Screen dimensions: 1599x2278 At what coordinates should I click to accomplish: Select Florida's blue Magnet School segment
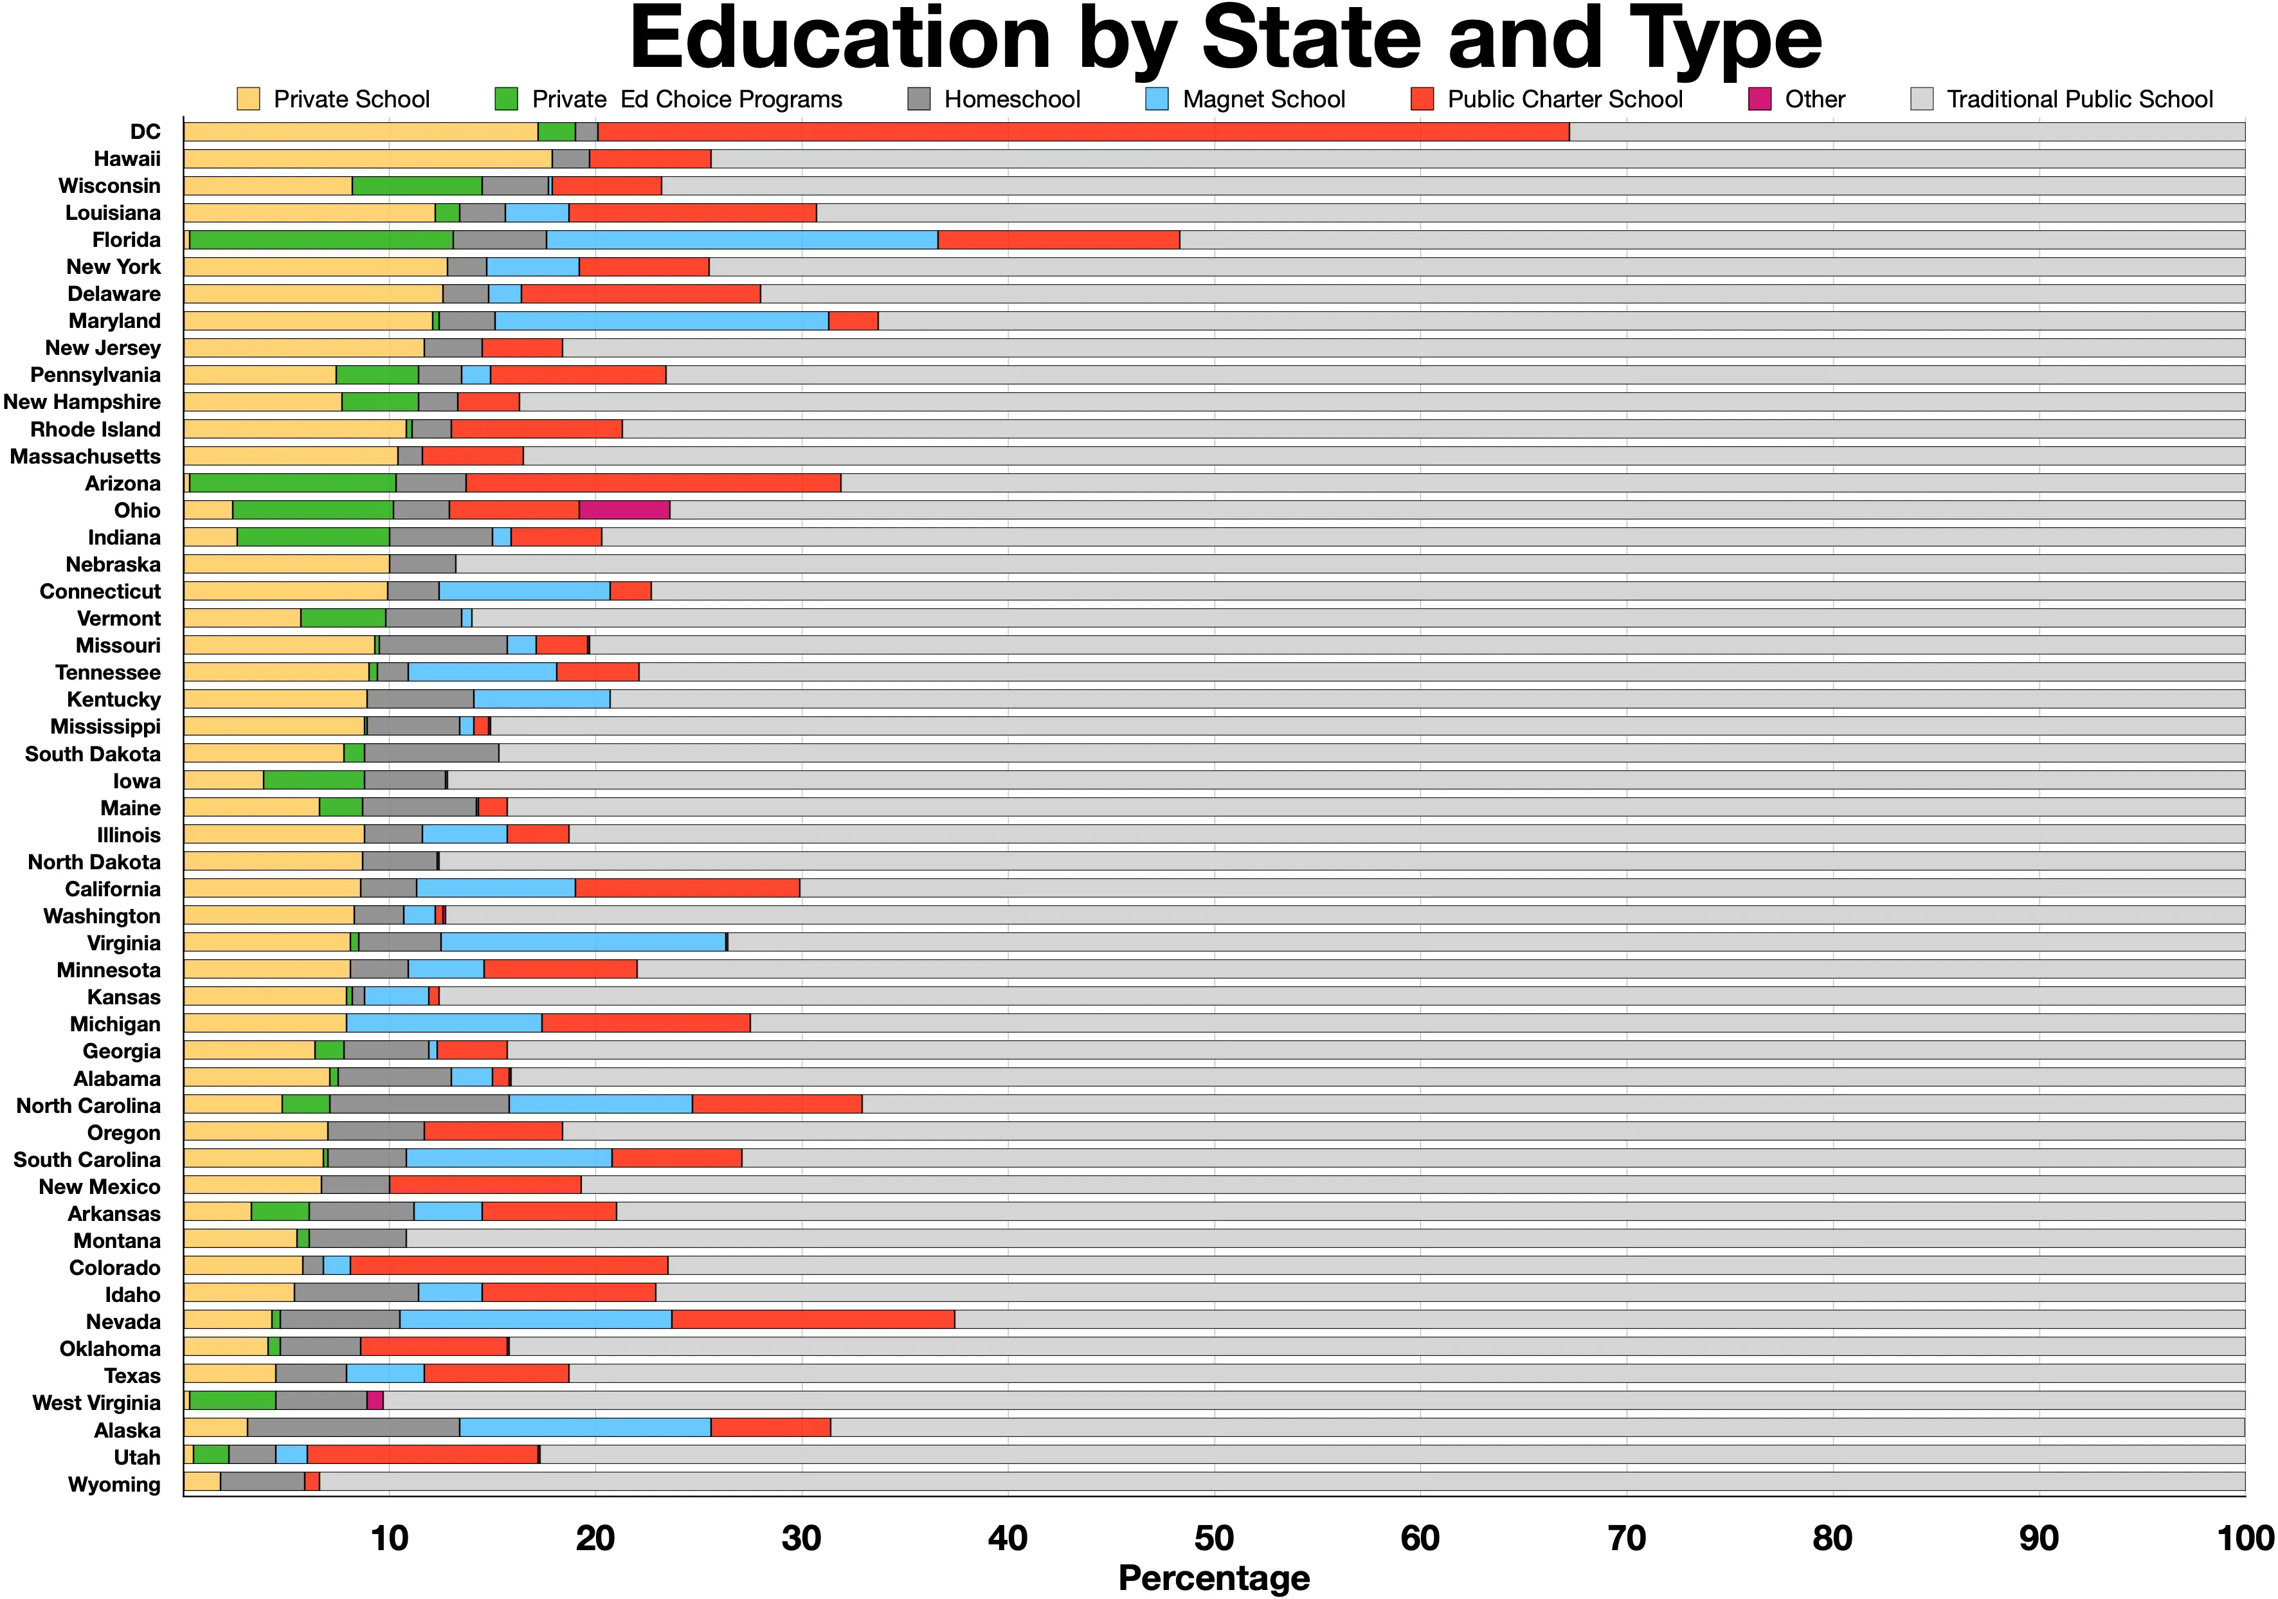[741, 240]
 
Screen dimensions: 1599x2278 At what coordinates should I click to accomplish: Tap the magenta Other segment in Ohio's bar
[624, 510]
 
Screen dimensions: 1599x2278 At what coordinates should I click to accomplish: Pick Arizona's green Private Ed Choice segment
[293, 483]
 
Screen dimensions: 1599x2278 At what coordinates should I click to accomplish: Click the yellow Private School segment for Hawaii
[367, 159]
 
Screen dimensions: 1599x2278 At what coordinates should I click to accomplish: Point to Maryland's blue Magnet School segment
[661, 320]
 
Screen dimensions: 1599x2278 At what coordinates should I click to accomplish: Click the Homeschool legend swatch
[919, 99]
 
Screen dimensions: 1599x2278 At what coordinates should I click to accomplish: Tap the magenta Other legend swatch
[1759, 99]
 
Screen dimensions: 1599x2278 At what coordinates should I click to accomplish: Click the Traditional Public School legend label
[2079, 99]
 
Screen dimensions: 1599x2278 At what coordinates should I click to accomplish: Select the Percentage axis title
[1213, 1577]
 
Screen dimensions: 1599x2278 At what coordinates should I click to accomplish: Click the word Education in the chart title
[839, 40]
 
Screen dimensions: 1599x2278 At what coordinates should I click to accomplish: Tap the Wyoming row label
[114, 1484]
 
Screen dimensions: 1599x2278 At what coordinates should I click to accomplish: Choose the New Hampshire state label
[82, 402]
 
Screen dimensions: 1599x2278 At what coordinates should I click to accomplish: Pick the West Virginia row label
[96, 1403]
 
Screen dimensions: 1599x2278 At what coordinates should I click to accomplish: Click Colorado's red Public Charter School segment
[509, 1266]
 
